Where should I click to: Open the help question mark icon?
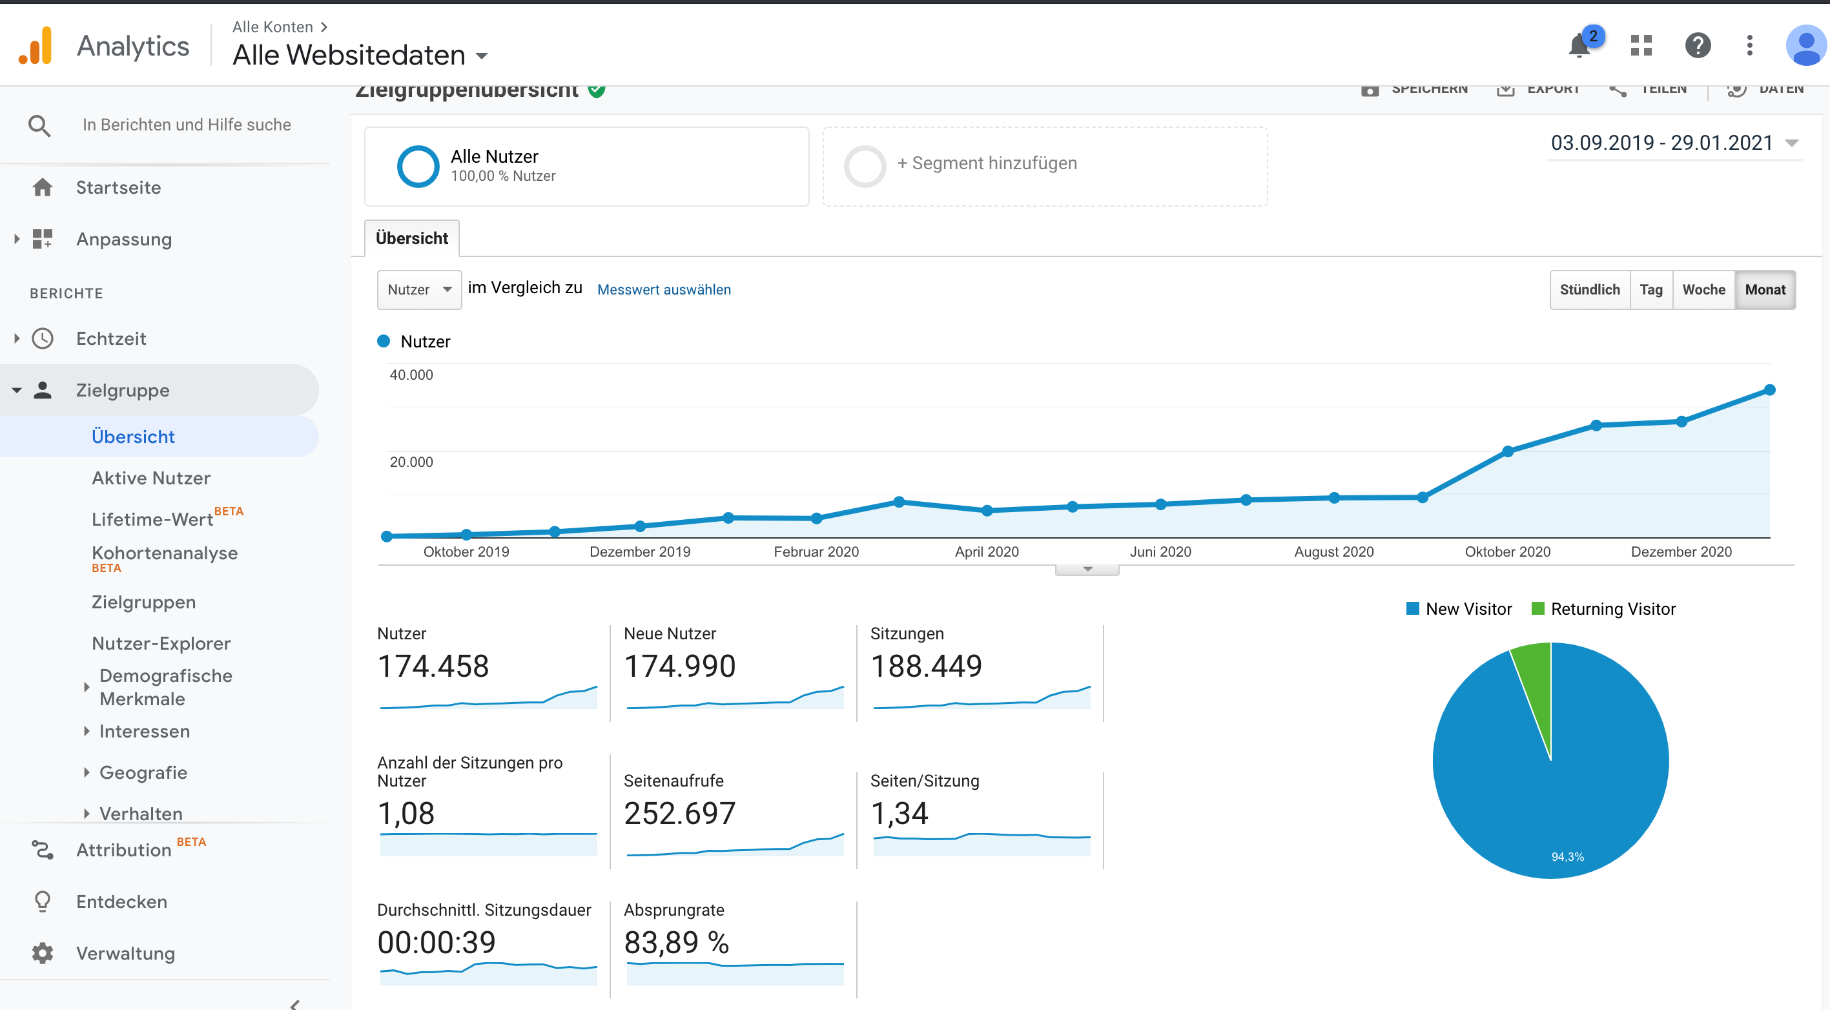point(1697,46)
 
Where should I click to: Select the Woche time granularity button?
point(1703,290)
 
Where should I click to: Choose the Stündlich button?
point(1589,290)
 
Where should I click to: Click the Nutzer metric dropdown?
point(419,290)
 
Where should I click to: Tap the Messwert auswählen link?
point(664,290)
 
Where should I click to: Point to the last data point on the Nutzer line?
point(1769,390)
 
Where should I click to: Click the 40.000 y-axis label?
point(411,375)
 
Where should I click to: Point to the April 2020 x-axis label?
point(986,552)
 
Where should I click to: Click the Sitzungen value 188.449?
point(926,666)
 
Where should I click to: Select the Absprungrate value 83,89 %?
point(676,943)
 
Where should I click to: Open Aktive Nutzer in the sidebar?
point(150,478)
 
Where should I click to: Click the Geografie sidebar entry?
point(143,773)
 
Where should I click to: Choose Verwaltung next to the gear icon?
point(125,953)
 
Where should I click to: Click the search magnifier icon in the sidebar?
point(39,126)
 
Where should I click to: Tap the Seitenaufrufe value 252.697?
point(679,814)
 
